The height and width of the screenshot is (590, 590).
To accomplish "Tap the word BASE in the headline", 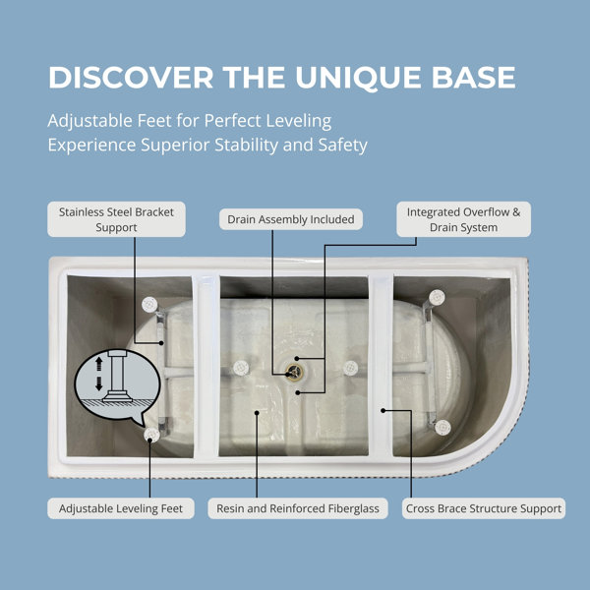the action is (473, 78).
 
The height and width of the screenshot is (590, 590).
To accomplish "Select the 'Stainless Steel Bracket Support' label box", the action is (116, 219).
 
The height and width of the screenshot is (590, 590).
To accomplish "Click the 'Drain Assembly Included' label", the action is (291, 219).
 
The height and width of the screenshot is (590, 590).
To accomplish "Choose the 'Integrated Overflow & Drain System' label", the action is (463, 219).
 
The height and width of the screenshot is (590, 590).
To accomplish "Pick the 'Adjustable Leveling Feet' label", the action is (121, 508).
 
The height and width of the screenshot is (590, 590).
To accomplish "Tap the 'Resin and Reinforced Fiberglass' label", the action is (298, 508).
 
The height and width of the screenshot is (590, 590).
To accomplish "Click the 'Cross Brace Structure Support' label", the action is (484, 508).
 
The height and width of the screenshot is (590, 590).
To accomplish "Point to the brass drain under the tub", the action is (294, 373).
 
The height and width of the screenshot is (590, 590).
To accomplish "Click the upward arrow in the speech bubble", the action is (99, 364).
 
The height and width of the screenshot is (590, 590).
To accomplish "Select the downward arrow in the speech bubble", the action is (99, 383).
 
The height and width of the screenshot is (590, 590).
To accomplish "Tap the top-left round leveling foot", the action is (149, 305).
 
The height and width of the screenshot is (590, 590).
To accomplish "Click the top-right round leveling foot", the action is (437, 297).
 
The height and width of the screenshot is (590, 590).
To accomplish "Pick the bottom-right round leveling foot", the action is (442, 428).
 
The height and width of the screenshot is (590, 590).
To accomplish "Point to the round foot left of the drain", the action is (241, 368).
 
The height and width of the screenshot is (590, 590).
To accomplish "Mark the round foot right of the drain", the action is (350, 368).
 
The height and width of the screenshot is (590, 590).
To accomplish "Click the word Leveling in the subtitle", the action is (299, 122).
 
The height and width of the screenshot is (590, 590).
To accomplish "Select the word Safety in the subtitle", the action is (343, 146).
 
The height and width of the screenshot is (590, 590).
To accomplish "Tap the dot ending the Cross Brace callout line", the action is (383, 410).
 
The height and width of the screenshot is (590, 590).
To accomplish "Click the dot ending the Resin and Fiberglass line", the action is (257, 413).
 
